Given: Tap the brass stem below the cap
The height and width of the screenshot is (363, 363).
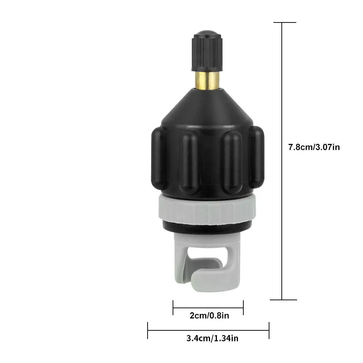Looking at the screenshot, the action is [x=207, y=80].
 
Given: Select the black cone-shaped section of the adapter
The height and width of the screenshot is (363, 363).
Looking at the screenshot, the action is [x=207, y=108].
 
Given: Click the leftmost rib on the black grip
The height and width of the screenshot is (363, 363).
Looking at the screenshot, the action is [x=158, y=158].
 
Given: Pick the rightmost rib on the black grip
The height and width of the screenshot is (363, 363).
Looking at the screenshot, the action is [x=257, y=157].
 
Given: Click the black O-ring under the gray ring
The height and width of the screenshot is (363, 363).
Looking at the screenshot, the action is [x=207, y=228].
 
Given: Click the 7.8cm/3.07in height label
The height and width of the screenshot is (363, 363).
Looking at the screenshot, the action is [x=314, y=147].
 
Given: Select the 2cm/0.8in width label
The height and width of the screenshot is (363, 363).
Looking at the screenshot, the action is [x=209, y=315].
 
